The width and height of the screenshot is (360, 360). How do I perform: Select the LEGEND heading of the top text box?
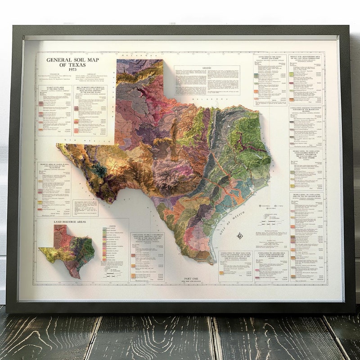(x=207, y=67)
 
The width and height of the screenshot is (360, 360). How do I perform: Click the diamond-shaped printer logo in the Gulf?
(x=240, y=234)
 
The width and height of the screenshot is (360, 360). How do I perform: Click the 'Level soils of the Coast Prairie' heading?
(x=270, y=57)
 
